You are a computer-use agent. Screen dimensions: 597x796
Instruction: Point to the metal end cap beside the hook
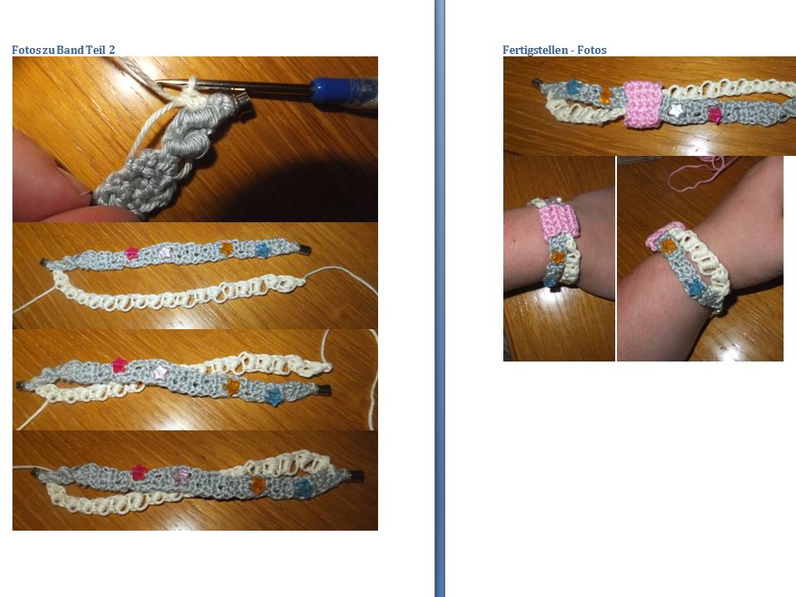point(244,104)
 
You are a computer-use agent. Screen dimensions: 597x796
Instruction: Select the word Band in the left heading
point(71,50)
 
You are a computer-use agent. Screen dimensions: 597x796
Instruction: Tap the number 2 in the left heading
point(112,50)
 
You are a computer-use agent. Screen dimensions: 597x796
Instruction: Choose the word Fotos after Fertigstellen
point(594,50)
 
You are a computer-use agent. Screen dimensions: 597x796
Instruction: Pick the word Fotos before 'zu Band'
point(28,50)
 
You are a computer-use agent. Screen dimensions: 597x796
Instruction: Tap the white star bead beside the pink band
point(676,109)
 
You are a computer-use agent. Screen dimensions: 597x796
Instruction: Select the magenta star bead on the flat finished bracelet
point(716,114)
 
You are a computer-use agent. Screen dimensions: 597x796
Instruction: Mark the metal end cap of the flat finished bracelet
point(536,85)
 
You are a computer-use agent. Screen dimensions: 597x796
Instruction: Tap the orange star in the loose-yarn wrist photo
point(668,245)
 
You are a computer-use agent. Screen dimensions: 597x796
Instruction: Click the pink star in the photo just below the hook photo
point(131,253)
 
